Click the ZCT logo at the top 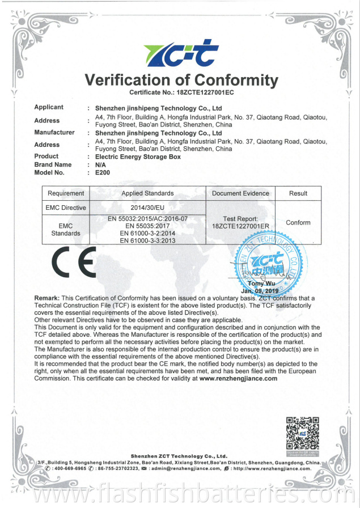tap(180, 53)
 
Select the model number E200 tap(101, 172)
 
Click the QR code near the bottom tap(302, 433)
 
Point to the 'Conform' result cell tap(298, 223)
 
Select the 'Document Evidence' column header tap(240, 193)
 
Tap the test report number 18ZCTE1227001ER tap(240, 226)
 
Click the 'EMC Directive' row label tap(66, 208)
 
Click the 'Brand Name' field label tap(53, 164)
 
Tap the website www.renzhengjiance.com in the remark tap(238, 378)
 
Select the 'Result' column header tap(298, 193)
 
